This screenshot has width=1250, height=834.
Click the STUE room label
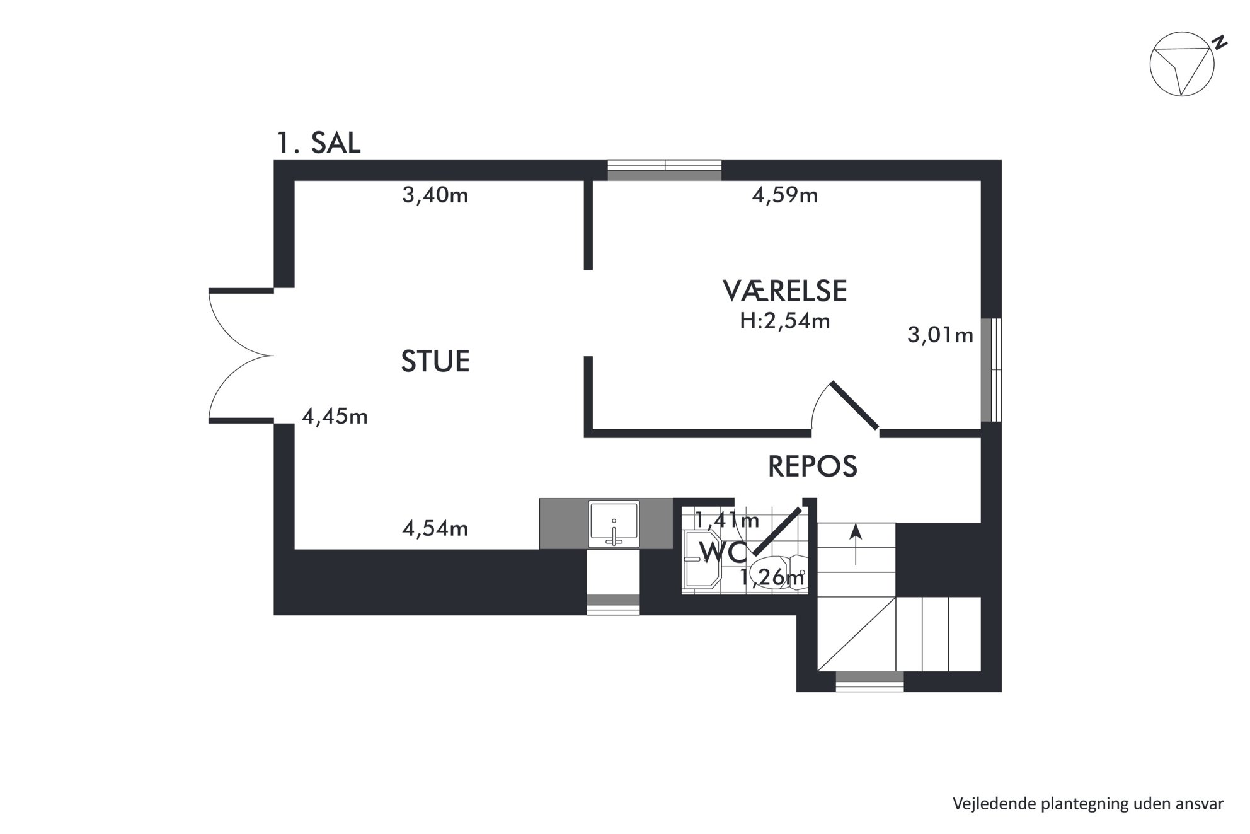(435, 361)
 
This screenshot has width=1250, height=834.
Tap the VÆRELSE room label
(784, 291)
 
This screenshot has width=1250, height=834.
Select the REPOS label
(813, 466)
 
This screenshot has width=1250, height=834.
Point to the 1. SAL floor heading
(319, 143)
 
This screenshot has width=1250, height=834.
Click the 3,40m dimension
(435, 195)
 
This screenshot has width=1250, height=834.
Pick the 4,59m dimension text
(785, 195)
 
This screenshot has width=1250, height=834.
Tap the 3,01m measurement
(940, 335)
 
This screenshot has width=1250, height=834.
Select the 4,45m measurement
(335, 417)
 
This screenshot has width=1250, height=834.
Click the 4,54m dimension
(435, 528)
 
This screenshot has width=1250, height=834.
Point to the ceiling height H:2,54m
(785, 321)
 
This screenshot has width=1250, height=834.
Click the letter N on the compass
(1220, 43)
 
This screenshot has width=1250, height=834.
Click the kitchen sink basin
(614, 524)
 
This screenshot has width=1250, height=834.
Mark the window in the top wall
(665, 171)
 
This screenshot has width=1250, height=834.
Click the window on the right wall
(991, 369)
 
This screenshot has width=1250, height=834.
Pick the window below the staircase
(869, 681)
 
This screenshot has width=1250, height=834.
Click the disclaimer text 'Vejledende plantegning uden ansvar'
(1088, 804)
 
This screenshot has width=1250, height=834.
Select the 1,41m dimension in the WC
(727, 520)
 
